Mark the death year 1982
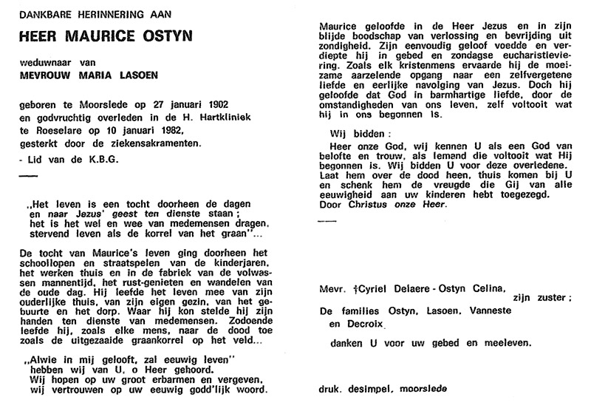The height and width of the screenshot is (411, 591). (167, 129)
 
